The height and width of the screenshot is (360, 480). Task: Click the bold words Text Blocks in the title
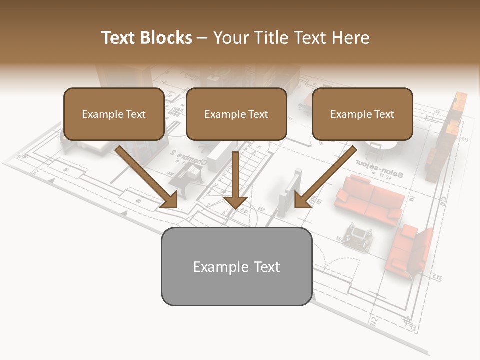click(x=146, y=38)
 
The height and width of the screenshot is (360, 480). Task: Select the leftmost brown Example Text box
click(x=114, y=114)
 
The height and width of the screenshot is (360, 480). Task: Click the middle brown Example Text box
click(x=236, y=114)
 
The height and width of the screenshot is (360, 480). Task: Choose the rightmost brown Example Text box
click(x=362, y=114)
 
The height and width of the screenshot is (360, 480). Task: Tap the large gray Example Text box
click(x=236, y=266)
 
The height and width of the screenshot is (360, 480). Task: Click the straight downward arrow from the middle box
click(x=235, y=180)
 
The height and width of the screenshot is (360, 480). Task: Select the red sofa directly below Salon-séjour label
click(x=369, y=199)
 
